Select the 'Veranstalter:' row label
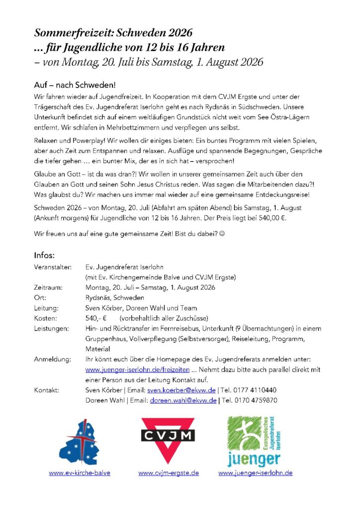point(53,267)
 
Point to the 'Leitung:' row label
point(46,308)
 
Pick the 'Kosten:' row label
point(46,318)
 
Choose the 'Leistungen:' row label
point(52,329)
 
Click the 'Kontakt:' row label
point(47,390)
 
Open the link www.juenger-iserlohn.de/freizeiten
point(137,370)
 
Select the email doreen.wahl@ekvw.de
point(183,400)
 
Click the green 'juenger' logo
point(255,440)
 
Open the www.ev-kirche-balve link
point(80,473)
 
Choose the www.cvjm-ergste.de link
point(169,473)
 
